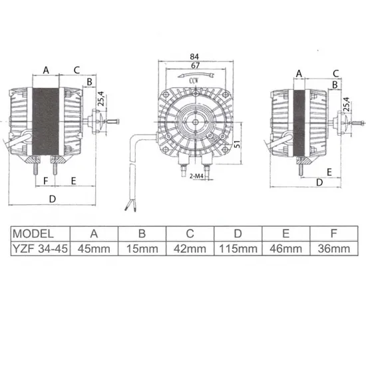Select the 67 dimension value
click(x=194, y=67)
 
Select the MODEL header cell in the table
click(x=41, y=234)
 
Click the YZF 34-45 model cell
click(x=41, y=249)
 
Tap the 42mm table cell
click(x=190, y=249)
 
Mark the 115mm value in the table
click(x=238, y=249)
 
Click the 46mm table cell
click(x=287, y=249)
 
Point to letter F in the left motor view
click(x=46, y=181)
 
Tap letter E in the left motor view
click(x=73, y=181)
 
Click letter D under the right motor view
click(x=319, y=181)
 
